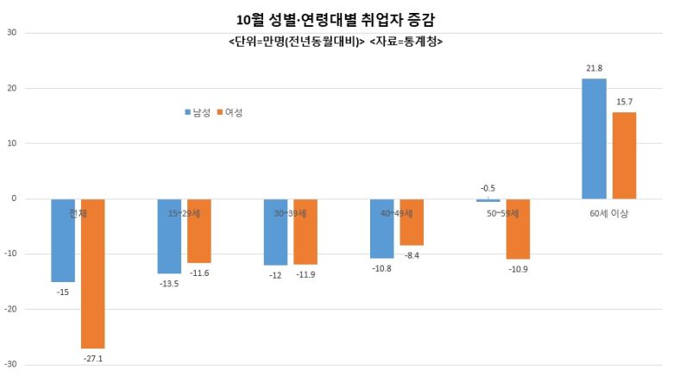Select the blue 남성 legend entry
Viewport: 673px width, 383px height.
pyautogui.click(x=199, y=112)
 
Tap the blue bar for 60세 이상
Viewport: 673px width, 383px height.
pyautogui.click(x=594, y=139)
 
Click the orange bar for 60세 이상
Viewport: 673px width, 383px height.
pyautogui.click(x=624, y=155)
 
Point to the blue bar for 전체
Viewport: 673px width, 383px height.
pyautogui.click(x=63, y=241)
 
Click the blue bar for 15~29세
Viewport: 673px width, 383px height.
pyautogui.click(x=169, y=236)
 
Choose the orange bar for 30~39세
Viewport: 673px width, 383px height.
pyautogui.click(x=305, y=231)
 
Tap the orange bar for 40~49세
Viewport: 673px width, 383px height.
pyautogui.click(x=412, y=222)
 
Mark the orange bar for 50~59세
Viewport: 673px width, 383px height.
pyautogui.click(x=518, y=229)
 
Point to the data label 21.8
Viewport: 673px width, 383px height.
pyautogui.click(x=594, y=68)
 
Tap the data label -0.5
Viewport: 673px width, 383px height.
pyautogui.click(x=487, y=188)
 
